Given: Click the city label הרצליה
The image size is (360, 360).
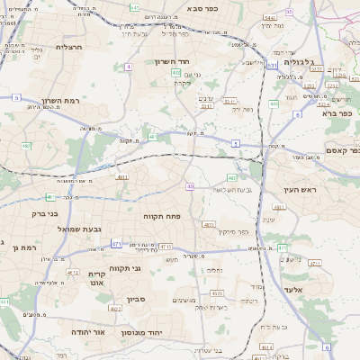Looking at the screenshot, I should [x=69, y=47].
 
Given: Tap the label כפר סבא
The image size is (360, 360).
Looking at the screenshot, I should [x=205, y=8].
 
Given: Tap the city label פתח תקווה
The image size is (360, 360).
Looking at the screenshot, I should [x=163, y=216].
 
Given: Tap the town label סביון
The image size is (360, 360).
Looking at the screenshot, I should [x=136, y=299].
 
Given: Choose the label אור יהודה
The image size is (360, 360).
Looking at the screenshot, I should [x=88, y=331].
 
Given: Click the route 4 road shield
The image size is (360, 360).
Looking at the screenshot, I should [x=129, y=67].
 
